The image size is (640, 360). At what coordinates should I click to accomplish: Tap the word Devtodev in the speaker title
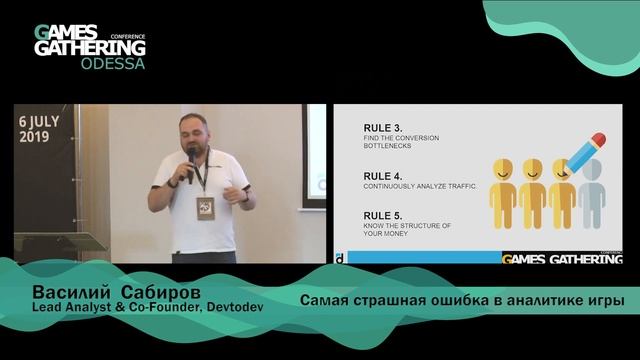coord(231,305)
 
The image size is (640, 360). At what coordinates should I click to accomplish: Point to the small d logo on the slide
coord(342,257)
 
